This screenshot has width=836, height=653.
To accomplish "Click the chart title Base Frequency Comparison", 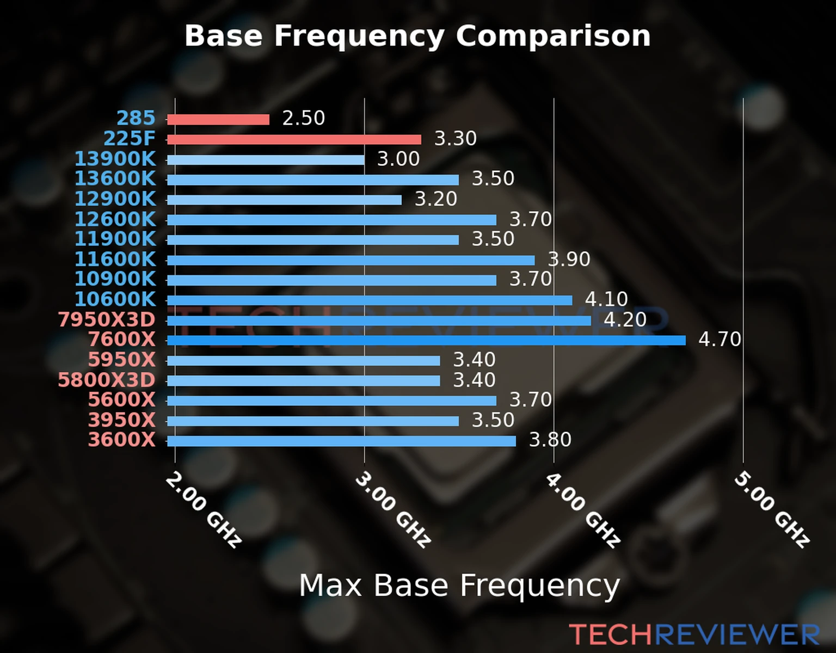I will coord(417,36).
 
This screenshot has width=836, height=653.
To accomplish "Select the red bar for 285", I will coord(218,119).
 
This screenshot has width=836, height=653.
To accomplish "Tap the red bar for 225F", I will coord(294,139).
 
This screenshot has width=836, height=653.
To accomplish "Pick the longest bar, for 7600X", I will coord(426,341).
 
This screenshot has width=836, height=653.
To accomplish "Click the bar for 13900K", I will coord(266,160).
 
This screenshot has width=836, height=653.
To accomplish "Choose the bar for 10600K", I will coord(370,300).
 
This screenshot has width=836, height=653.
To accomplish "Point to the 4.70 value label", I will coord(720,340).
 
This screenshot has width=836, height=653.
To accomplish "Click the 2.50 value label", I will coord(303,118).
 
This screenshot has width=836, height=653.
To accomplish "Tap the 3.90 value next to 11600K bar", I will coord(569,259).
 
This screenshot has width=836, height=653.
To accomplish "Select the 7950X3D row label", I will coord(107,319).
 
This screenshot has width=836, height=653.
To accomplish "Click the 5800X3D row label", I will coord(107,380).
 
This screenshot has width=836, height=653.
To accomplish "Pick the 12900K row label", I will coord(115,199).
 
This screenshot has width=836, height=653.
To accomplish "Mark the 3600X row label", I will coord(122,440).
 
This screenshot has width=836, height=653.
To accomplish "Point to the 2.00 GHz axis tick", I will coord(203,509).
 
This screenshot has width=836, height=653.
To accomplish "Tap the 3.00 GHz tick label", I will coord(393,509).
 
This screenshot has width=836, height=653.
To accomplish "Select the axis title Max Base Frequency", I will coord(459,586).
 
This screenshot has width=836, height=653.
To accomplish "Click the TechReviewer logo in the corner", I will coord(694,634).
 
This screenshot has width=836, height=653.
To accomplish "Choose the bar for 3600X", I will coord(341,441).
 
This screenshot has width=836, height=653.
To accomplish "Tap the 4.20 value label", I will coord(625,319).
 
